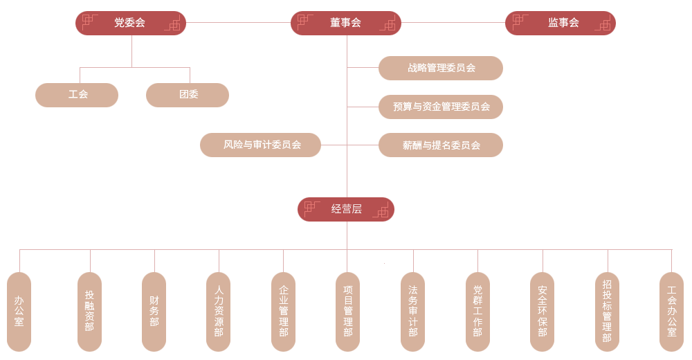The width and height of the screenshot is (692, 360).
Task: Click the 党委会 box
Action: click(x=130, y=23)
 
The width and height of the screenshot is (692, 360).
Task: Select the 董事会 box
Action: click(x=346, y=23)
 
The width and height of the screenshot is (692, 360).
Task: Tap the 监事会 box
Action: click(x=563, y=23)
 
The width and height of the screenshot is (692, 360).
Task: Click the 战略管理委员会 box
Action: click(x=441, y=68)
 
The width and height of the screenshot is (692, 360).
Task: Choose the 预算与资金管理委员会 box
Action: click(x=441, y=107)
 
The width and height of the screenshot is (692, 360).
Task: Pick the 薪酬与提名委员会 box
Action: click(x=441, y=145)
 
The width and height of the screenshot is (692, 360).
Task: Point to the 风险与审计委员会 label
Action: click(x=262, y=145)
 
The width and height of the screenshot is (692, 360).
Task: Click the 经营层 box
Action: click(x=346, y=208)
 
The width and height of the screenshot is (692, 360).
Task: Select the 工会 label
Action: click(x=78, y=94)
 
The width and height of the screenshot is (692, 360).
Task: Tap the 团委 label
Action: click(x=188, y=94)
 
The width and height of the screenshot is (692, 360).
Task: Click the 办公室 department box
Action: click(x=19, y=312)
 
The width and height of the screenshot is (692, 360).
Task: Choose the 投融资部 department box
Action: click(x=89, y=312)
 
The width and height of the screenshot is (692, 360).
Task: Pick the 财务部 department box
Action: click(x=154, y=312)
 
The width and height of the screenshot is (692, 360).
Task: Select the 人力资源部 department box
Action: click(x=219, y=312)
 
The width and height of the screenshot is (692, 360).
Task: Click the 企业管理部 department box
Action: click(x=283, y=312)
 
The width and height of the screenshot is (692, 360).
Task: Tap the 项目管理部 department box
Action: click(x=347, y=312)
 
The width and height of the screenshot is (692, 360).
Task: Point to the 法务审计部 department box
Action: click(x=412, y=312)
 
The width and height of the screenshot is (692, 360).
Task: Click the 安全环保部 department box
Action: click(x=542, y=312)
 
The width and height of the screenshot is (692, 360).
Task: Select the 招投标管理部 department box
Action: click(x=607, y=312)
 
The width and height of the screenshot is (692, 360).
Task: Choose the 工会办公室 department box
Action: click(x=671, y=312)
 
